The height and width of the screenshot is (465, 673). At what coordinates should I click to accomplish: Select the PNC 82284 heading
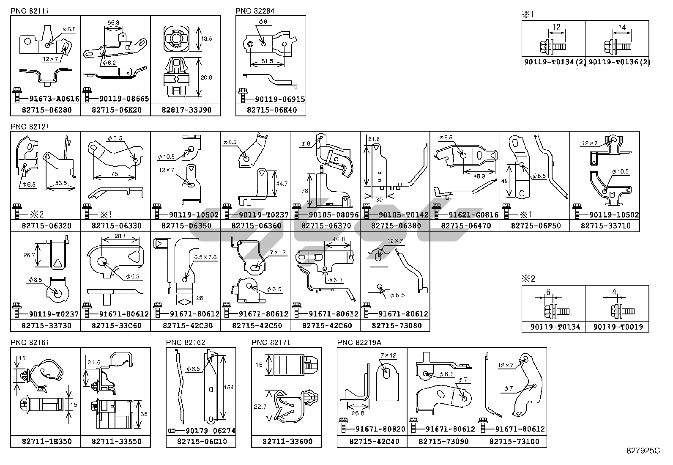[x=255, y=11]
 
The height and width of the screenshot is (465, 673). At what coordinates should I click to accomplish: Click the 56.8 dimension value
[x=113, y=22]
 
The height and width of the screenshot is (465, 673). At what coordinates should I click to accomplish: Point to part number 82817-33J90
[x=186, y=110]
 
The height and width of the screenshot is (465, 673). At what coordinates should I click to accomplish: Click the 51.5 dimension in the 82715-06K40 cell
[x=266, y=61]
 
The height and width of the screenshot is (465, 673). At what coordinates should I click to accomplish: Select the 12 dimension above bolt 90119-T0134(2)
[x=556, y=27]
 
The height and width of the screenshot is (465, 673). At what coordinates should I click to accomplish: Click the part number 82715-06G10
[x=202, y=441]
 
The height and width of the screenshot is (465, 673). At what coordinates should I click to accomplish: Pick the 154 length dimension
[x=229, y=387]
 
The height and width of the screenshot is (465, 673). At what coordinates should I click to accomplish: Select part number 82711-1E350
[x=47, y=441]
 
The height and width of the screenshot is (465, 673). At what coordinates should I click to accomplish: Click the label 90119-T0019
[x=618, y=327]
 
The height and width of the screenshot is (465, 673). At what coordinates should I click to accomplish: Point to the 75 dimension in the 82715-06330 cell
[x=115, y=174]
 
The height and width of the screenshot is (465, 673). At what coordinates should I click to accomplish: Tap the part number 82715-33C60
[x=116, y=326]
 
